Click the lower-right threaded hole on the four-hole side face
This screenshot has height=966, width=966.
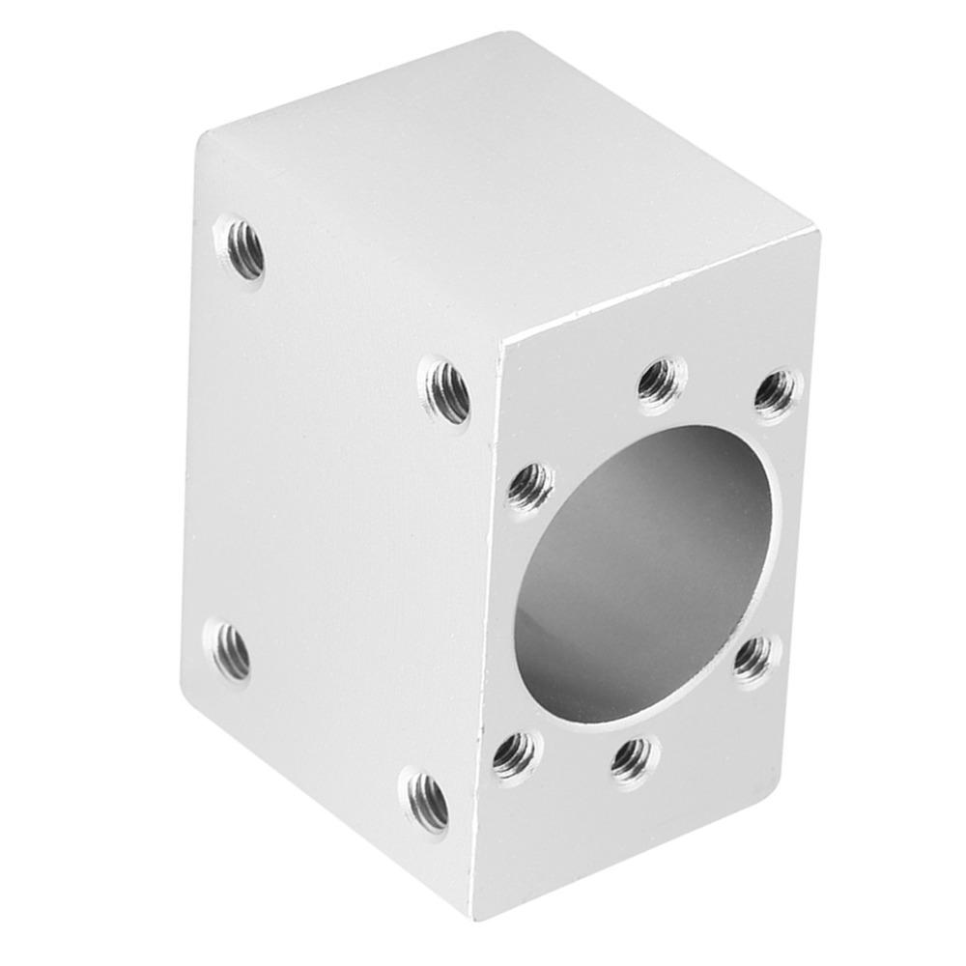[426, 799]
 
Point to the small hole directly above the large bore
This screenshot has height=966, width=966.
[662, 380]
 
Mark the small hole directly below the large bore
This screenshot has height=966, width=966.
[633, 756]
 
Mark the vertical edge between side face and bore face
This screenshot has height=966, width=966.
[489, 628]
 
